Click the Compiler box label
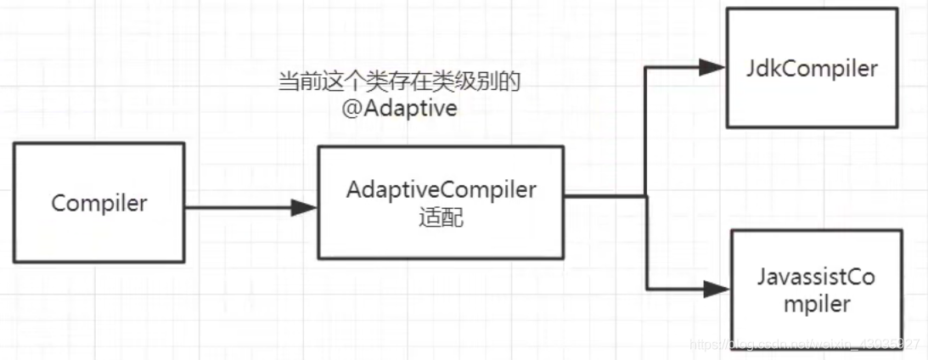pos(99,204)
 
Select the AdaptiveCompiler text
pos(441,190)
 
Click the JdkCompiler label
pos(812,68)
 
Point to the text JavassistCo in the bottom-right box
pos(816,278)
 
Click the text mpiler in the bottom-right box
pos(816,304)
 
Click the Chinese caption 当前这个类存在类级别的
pos(399,82)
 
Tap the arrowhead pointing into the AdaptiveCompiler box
pos(303,206)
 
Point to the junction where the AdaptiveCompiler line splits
pos(646,197)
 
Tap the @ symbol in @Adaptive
pos(352,110)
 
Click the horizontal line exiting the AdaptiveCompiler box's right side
pos(605,197)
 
